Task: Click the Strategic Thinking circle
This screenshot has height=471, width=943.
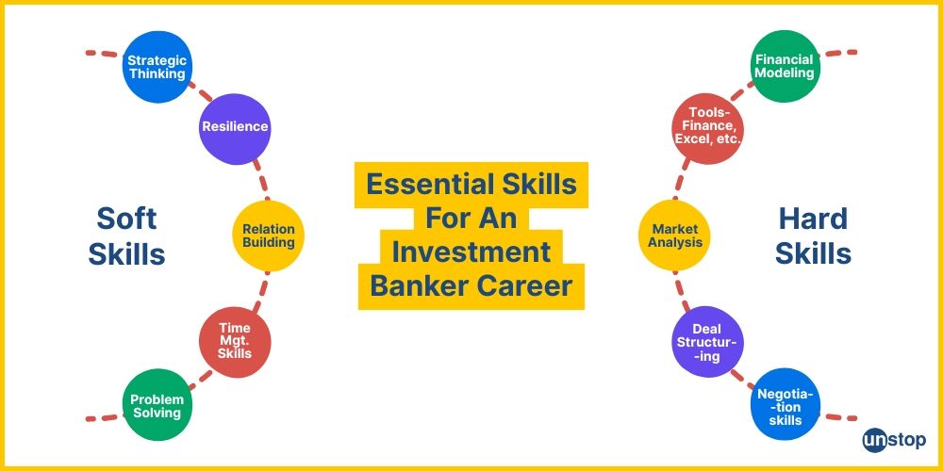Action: pos(157,67)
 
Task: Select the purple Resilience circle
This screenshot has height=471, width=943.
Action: pos(235,127)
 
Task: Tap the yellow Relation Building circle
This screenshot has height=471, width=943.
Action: pos(268,235)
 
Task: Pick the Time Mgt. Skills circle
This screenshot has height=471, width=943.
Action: pos(235,340)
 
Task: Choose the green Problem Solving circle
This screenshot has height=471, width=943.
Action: pos(157,406)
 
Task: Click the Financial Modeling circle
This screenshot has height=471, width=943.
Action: pos(784,67)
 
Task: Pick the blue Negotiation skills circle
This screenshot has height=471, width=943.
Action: pos(785,406)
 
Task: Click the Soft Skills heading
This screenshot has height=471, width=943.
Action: pos(126,236)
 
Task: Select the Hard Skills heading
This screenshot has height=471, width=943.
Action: pos(813,236)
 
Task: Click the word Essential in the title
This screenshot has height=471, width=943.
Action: pos(418,184)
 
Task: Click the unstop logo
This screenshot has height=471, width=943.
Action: pos(894,440)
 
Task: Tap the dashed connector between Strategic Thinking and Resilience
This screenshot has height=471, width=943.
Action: pos(199,95)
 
